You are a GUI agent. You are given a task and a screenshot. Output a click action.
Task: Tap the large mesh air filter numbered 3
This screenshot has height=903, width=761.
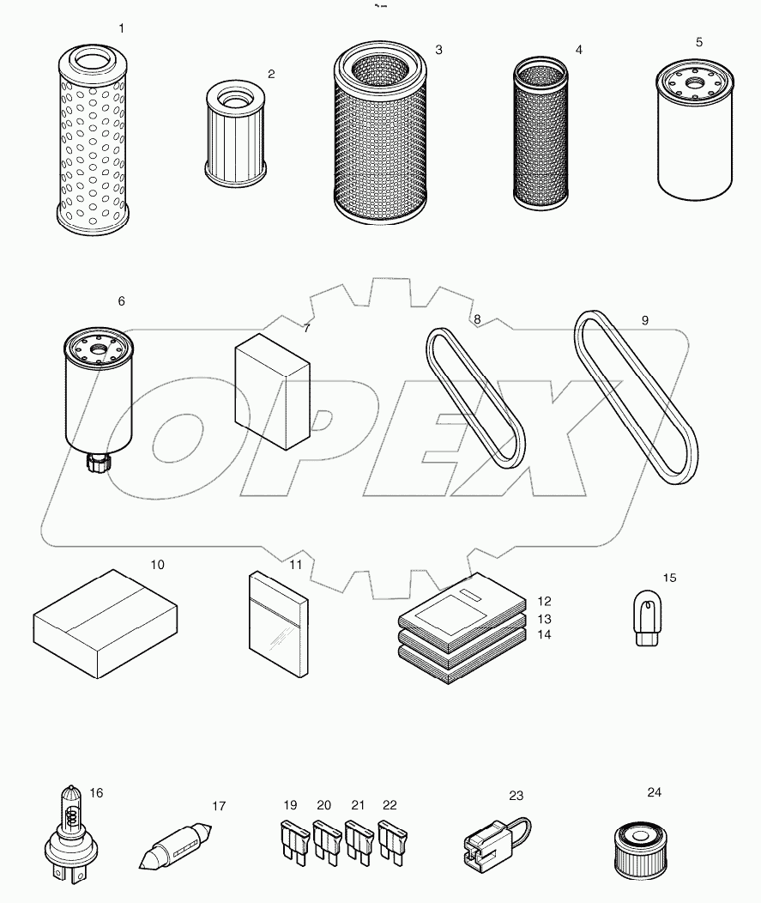pyautogui.click(x=380, y=136)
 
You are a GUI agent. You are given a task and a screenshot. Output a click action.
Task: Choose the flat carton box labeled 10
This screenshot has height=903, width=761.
pyautogui.click(x=106, y=623)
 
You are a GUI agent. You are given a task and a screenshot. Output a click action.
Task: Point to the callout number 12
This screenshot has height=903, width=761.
pyautogui.click(x=544, y=602)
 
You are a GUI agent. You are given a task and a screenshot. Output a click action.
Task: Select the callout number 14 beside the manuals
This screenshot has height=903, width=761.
pyautogui.click(x=544, y=635)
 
